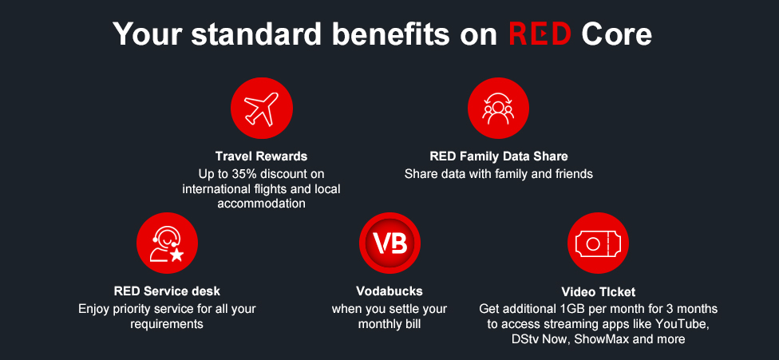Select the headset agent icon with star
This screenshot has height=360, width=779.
167,243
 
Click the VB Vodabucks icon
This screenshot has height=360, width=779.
389,243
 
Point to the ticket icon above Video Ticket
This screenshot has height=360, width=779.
598,243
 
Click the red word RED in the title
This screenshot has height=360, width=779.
540,34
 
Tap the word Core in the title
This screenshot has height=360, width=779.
616,34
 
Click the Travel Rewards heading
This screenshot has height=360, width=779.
261,156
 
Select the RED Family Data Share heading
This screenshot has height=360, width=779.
499,156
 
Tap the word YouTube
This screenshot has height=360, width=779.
683,324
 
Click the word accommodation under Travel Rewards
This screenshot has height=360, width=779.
261,204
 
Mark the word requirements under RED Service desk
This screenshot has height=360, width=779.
167,324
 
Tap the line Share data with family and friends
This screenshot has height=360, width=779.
499,173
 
